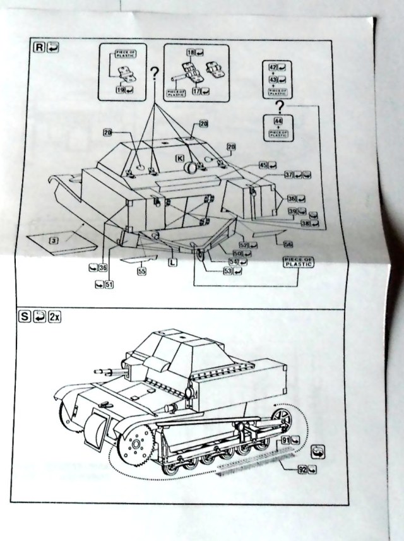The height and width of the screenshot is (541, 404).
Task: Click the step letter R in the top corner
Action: pyautogui.click(x=39, y=47)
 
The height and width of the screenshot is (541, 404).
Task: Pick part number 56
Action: pyautogui.click(x=288, y=244)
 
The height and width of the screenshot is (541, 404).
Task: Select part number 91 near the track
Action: pyautogui.click(x=286, y=439)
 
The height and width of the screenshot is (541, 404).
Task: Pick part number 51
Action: pyautogui.click(x=109, y=284)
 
